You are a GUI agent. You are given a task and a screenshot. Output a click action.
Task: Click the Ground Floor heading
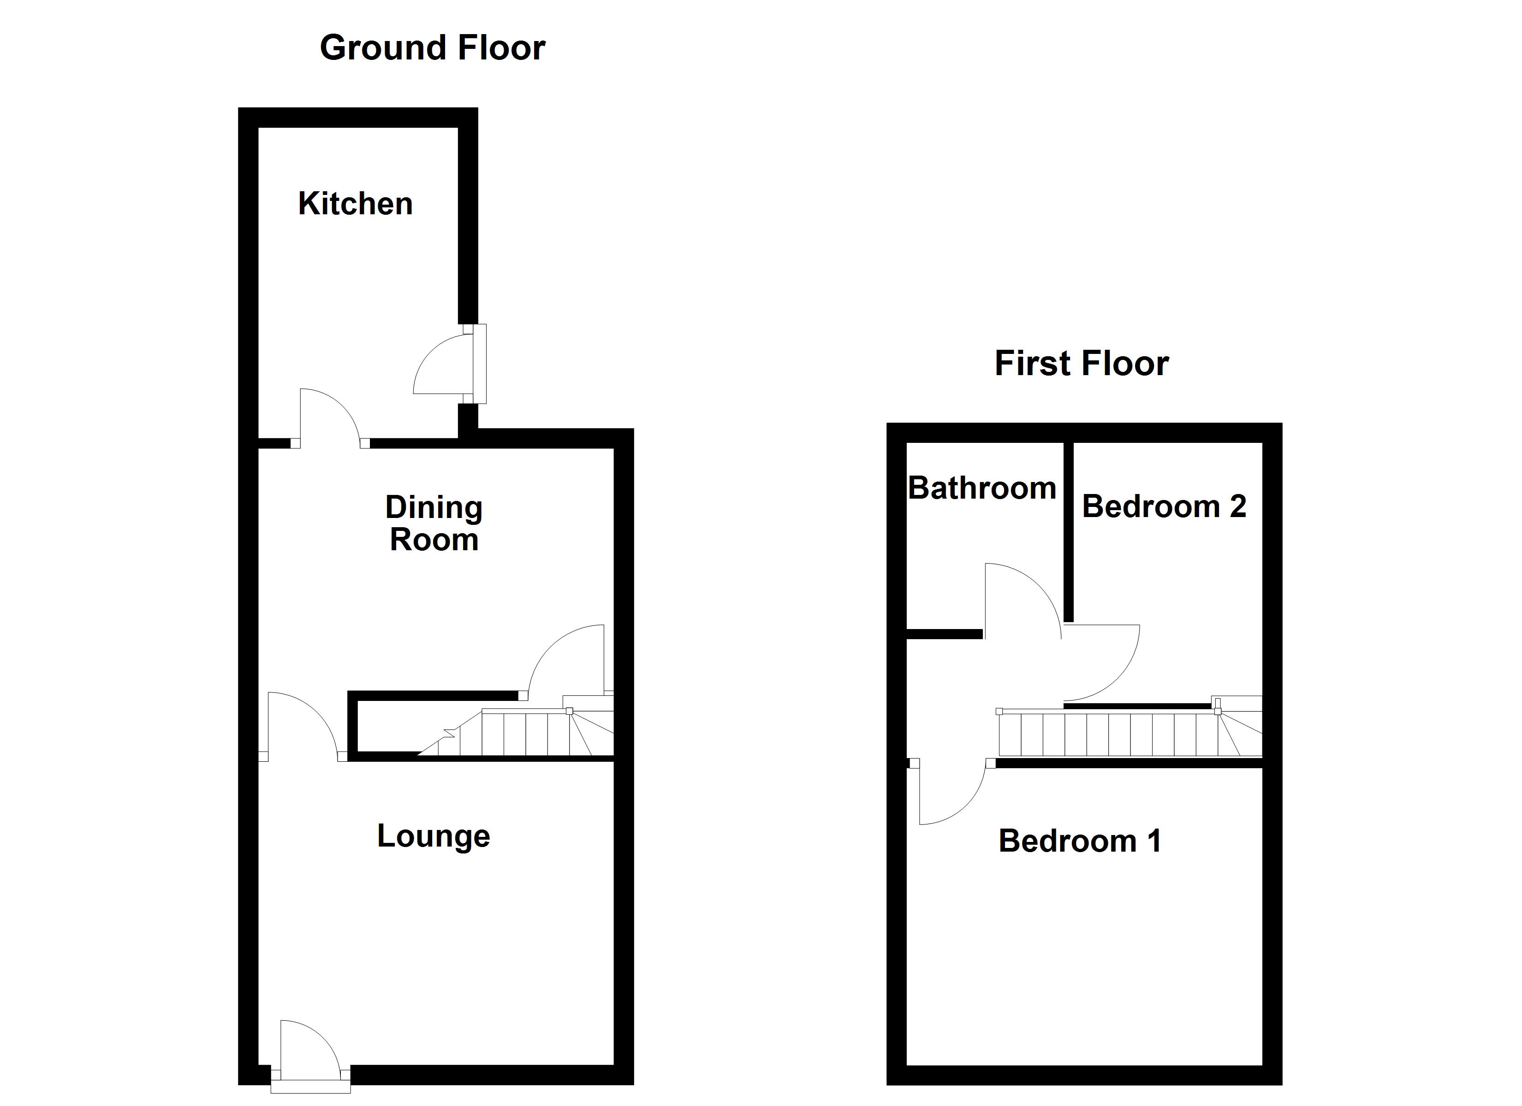tap(432, 48)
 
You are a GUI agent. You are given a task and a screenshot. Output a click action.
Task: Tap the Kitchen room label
tap(355, 204)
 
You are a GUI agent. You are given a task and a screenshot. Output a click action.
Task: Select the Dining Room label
tap(434, 524)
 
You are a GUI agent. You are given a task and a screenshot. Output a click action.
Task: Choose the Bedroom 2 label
tap(1164, 506)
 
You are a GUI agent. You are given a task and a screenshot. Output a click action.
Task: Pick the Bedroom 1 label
tap(1079, 841)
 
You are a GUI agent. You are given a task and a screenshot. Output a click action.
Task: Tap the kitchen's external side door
tap(446, 365)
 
